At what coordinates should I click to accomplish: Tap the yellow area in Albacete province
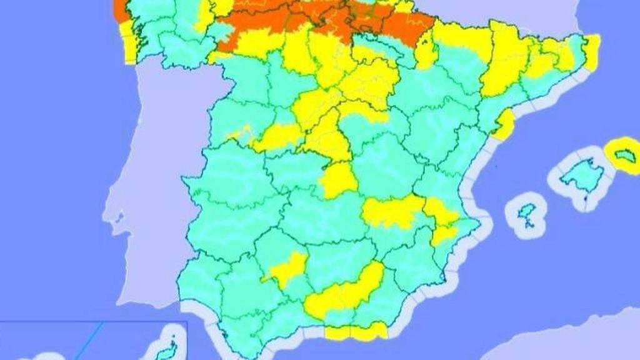(x=391, y=212)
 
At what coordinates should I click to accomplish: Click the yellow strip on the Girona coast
(x=591, y=51)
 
